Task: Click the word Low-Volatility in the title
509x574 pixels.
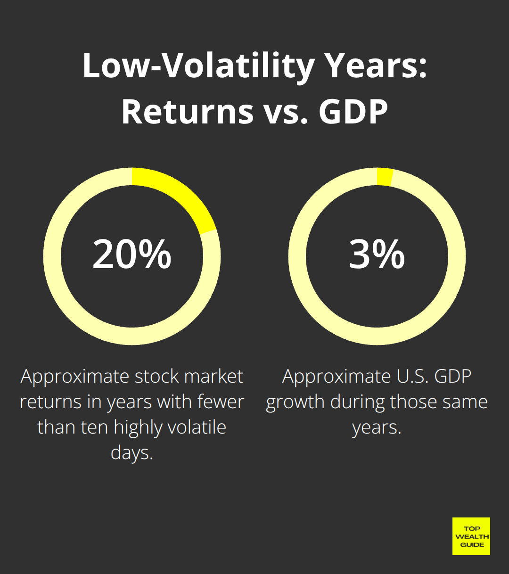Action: tap(198, 66)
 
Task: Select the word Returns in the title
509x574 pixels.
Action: tap(188, 112)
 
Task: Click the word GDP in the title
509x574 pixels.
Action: tap(353, 112)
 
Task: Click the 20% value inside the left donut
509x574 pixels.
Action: tap(132, 254)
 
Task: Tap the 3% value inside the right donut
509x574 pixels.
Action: tap(377, 254)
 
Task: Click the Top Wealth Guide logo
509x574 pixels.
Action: tap(471, 536)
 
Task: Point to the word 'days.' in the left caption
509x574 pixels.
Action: tap(132, 453)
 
